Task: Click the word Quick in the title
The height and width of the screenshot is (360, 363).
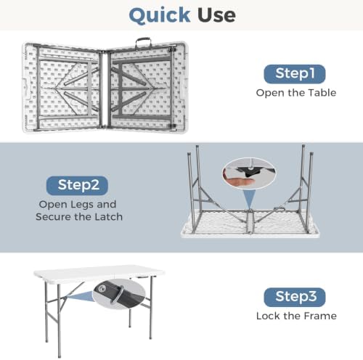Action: [160, 15]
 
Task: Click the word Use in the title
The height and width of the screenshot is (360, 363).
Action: [216, 15]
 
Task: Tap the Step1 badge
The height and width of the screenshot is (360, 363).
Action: [295, 74]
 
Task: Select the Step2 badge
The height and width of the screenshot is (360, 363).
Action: [77, 186]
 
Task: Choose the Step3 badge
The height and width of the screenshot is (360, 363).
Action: [295, 297]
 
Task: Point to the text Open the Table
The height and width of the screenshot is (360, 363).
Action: [296, 93]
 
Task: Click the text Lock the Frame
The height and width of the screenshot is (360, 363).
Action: [296, 316]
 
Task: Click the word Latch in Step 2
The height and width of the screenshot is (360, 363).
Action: [108, 217]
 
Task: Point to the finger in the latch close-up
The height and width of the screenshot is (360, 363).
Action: [239, 181]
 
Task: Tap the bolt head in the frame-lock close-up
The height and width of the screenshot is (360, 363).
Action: [102, 288]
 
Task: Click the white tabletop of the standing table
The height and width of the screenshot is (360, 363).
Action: [99, 273]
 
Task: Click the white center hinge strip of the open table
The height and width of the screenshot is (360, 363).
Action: [105, 89]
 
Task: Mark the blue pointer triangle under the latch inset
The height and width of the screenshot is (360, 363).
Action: [249, 198]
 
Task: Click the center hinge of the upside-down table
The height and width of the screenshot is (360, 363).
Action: [250, 221]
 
